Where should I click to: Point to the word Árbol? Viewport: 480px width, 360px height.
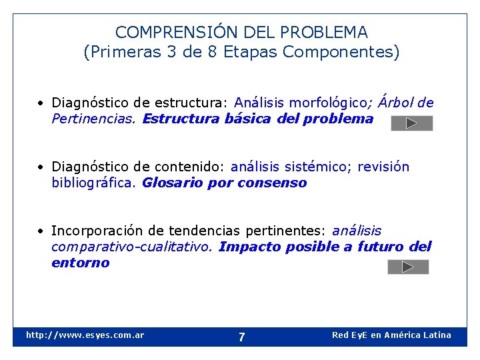397,103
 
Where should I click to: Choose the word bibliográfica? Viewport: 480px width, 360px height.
94,183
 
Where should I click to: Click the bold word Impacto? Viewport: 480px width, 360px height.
249,247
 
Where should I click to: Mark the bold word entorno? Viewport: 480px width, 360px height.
80,263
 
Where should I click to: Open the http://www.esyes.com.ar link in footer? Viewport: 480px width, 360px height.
85,335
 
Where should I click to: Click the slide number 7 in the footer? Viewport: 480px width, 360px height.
241,337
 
